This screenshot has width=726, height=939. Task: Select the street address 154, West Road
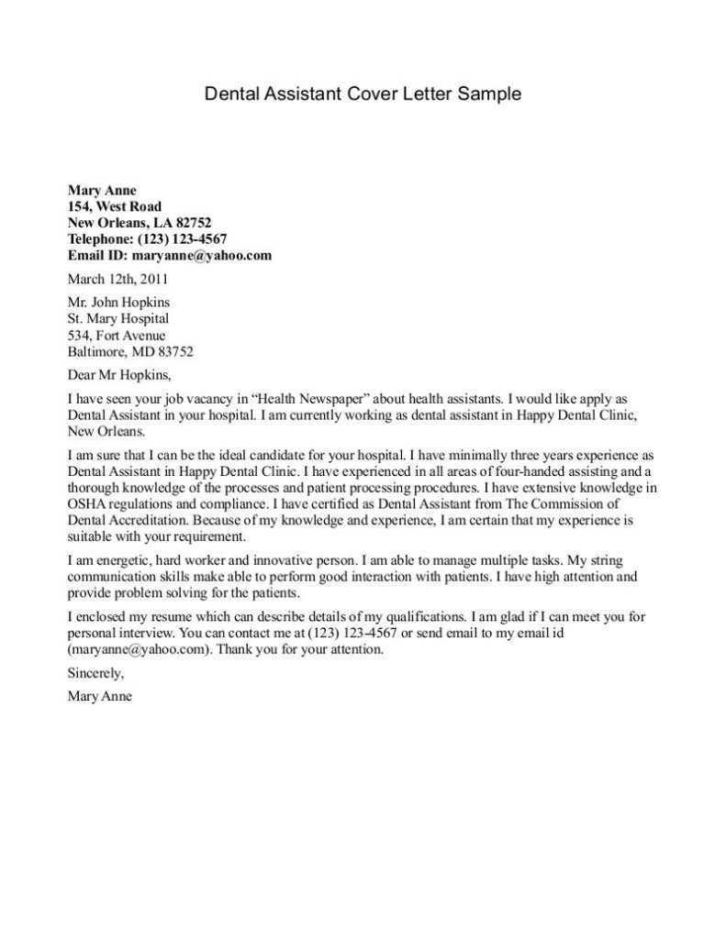115,206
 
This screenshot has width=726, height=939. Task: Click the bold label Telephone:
100,239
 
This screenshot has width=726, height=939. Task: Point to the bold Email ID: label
98,256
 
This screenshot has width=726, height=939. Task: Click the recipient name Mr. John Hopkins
119,302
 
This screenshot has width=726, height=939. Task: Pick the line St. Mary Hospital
118,318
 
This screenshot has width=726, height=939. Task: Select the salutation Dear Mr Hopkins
119,375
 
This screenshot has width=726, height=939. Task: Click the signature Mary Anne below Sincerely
100,696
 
